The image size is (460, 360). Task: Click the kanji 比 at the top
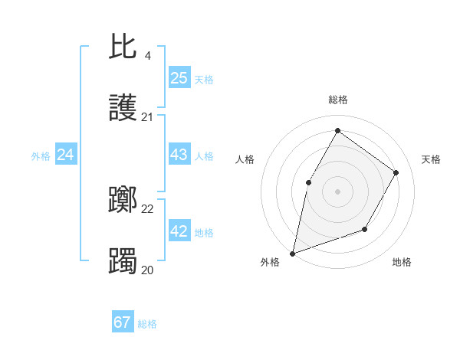(x=123, y=47)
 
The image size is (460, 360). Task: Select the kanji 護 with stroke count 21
(x=123, y=110)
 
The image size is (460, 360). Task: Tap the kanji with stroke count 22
(x=123, y=201)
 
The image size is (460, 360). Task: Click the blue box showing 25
(x=179, y=77)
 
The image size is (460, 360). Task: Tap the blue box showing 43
(x=179, y=155)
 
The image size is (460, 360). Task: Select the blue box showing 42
(x=179, y=231)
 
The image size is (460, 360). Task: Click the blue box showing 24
(x=66, y=155)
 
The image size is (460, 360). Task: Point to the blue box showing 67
(x=123, y=322)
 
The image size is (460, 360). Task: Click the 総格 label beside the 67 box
(x=147, y=324)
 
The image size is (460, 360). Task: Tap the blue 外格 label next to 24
(x=41, y=156)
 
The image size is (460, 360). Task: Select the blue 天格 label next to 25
(x=204, y=79)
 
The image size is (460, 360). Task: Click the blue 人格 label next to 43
(x=204, y=156)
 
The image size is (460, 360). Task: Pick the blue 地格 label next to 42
(x=204, y=233)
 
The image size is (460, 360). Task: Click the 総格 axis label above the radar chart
(x=338, y=100)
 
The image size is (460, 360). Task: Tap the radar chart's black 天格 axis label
(x=431, y=159)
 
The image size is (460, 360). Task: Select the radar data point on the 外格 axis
(x=292, y=253)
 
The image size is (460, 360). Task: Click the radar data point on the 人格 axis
(x=309, y=182)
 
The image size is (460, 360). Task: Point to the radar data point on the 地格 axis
(x=365, y=229)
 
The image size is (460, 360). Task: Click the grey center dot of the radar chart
(x=337, y=191)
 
